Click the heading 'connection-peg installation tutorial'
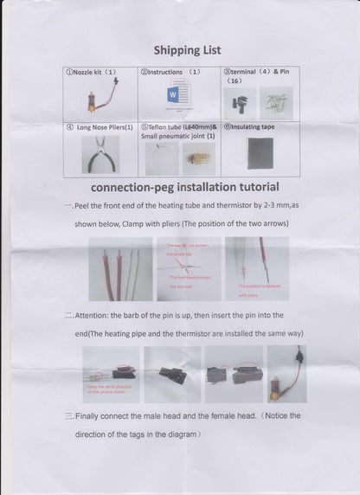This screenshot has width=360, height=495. point(184,186)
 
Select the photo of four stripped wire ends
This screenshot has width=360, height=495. point(120,268)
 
